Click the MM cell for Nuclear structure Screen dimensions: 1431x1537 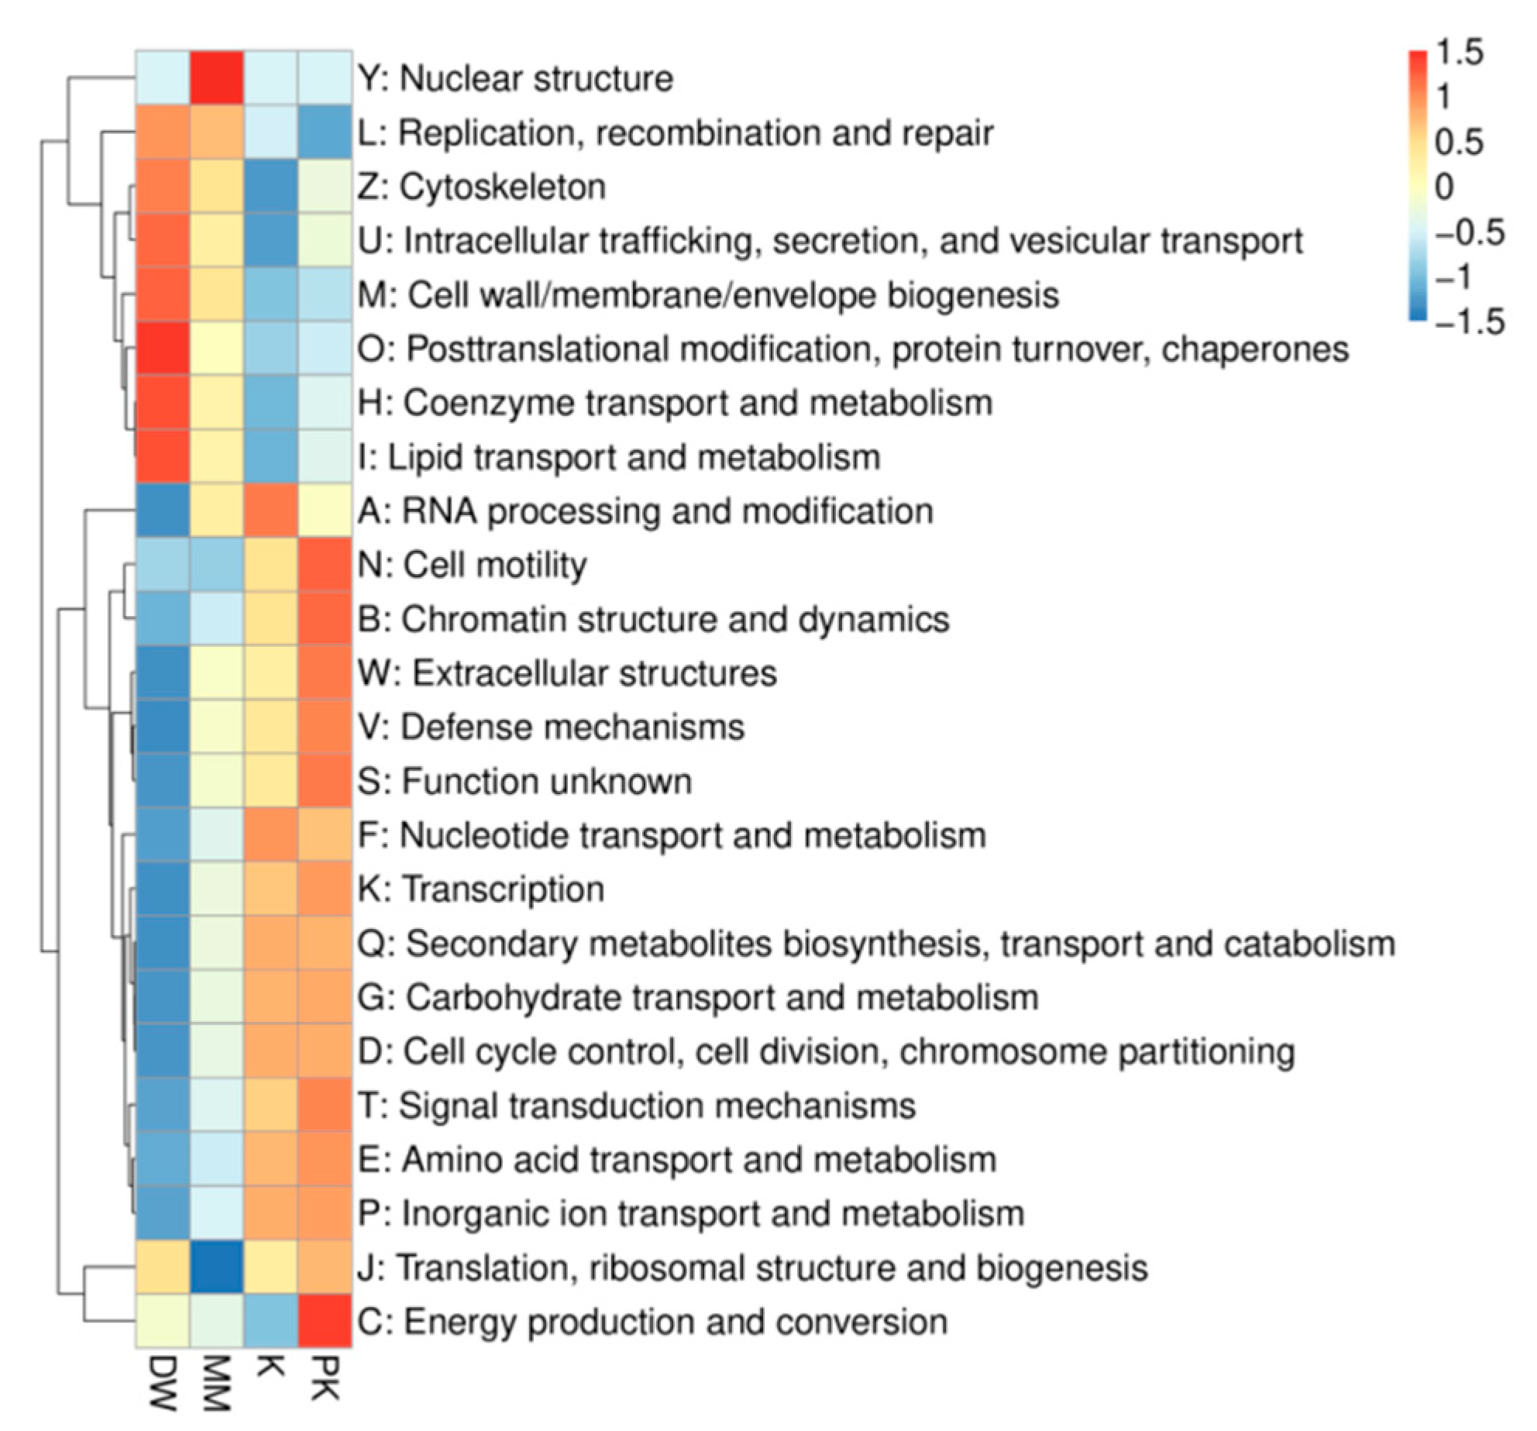pyautogui.click(x=217, y=78)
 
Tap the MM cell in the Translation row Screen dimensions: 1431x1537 pyautogui.click(x=217, y=1268)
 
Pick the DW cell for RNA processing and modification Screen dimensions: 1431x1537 pyautogui.click(x=163, y=511)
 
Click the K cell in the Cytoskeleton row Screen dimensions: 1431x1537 pyautogui.click(x=271, y=187)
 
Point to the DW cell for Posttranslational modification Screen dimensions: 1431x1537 pyautogui.click(x=163, y=349)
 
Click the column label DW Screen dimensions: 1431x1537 pyautogui.click(x=163, y=1383)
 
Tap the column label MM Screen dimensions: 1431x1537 pyautogui.click(x=217, y=1383)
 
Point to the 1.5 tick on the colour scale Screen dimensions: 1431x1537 pyautogui.click(x=1460, y=53)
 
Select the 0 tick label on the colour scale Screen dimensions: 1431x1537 pyautogui.click(x=1444, y=187)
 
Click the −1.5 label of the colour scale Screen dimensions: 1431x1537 pyautogui.click(x=1469, y=321)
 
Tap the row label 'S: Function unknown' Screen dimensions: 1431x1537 pyautogui.click(x=524, y=781)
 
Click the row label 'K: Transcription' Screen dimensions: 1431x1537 pyautogui.click(x=481, y=889)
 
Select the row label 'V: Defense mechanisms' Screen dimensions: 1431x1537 pyautogui.click(x=551, y=727)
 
